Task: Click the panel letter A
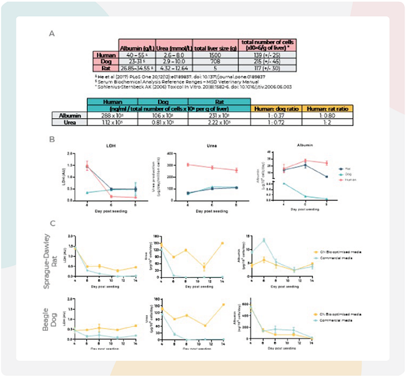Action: click(51, 34)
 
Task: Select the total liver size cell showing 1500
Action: click(214, 54)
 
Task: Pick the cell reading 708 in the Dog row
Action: click(214, 61)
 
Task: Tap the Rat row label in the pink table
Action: click(107, 68)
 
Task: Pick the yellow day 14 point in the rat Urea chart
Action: click(222, 243)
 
